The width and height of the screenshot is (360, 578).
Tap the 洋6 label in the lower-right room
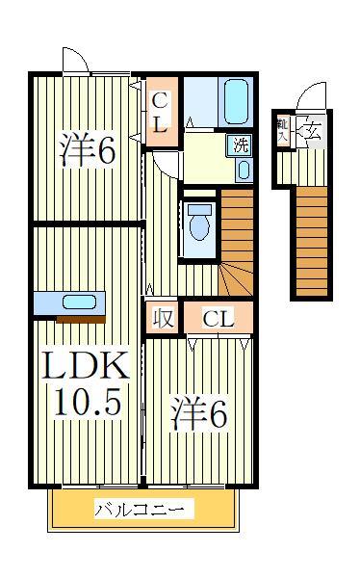point(199,415)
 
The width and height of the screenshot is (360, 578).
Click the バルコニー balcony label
point(143,510)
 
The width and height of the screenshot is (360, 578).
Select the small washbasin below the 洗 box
point(243,171)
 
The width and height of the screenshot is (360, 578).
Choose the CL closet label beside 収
point(219,319)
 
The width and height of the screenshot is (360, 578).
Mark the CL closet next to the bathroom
point(160,112)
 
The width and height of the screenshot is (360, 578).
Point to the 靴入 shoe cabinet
point(283,130)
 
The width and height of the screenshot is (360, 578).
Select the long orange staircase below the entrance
point(309,241)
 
